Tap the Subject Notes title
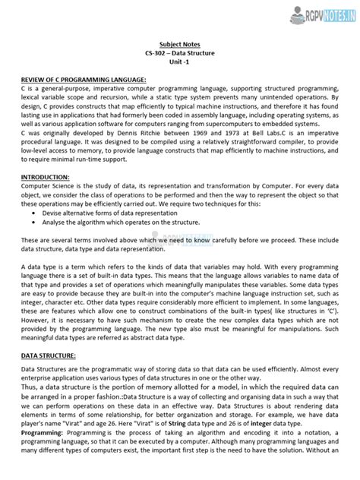(181, 45)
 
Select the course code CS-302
(157, 54)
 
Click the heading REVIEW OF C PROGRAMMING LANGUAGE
(73, 79)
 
